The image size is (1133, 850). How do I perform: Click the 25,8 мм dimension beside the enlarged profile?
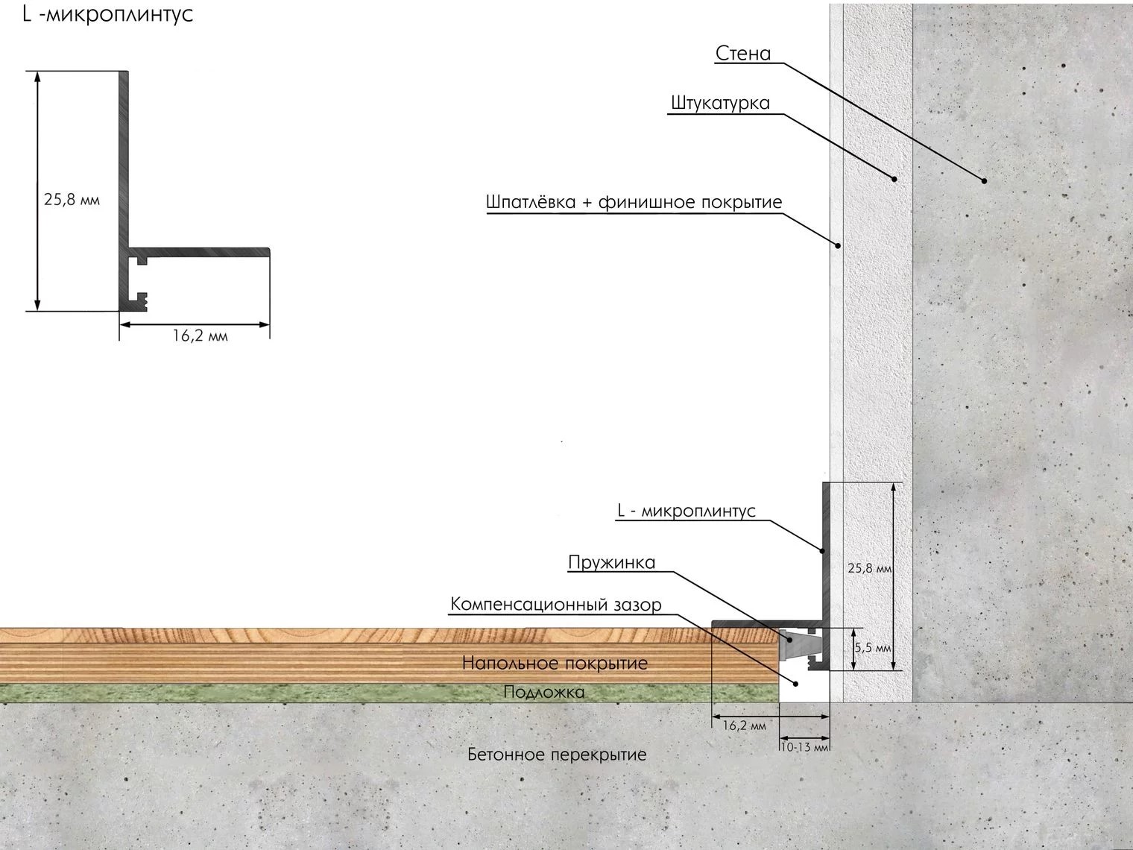pyautogui.click(x=72, y=200)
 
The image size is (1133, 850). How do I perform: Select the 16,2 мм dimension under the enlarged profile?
pyautogui.click(x=200, y=336)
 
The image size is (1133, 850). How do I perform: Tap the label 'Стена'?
pyautogui.click(x=742, y=54)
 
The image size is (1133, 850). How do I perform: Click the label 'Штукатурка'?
pyautogui.click(x=719, y=103)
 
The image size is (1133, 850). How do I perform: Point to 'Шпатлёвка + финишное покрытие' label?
pyautogui.click(x=634, y=202)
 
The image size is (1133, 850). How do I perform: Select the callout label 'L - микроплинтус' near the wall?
pyautogui.click(x=686, y=511)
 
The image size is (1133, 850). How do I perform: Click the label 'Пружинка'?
pyautogui.click(x=611, y=562)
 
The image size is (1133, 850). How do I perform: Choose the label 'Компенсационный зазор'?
pyautogui.click(x=555, y=604)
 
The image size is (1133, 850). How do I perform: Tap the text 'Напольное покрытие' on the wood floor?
pyautogui.click(x=555, y=663)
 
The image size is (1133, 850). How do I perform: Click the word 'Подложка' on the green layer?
pyautogui.click(x=543, y=692)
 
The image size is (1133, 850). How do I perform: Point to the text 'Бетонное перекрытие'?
pyautogui.click(x=557, y=755)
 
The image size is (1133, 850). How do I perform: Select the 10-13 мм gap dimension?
pyautogui.click(x=804, y=746)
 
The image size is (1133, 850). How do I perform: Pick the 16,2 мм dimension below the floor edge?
pyautogui.click(x=744, y=725)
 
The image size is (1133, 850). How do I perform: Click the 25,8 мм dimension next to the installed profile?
pyautogui.click(x=870, y=568)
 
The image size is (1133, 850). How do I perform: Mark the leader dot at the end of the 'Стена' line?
pyautogui.click(x=984, y=180)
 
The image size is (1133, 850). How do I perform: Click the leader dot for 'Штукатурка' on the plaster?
pyautogui.click(x=894, y=178)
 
